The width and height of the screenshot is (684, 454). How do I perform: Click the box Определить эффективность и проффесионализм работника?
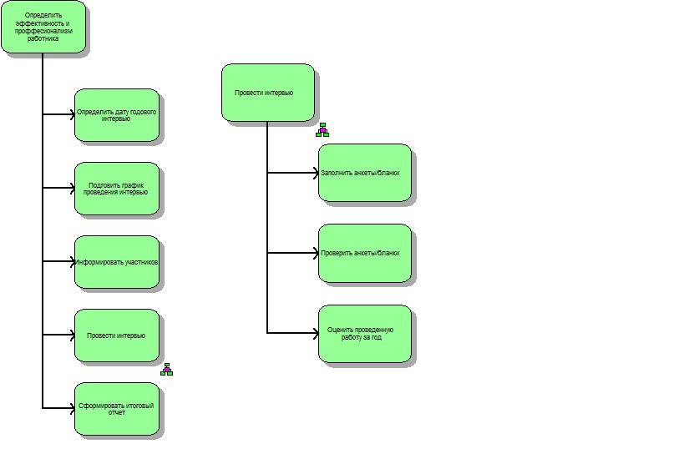43,27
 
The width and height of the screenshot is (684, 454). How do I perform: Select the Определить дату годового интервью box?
117,115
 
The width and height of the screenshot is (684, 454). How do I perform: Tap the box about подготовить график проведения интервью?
117,189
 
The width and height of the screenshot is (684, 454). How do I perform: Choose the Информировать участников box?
117,262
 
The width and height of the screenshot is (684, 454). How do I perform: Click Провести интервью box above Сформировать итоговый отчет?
117,335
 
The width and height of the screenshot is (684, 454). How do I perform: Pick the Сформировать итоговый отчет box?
117,409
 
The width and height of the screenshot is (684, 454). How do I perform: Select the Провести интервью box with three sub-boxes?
268,93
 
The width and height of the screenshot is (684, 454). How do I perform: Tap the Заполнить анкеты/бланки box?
365,173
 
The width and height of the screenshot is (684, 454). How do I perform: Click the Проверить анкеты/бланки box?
365,253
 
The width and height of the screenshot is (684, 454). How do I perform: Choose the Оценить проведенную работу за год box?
365,334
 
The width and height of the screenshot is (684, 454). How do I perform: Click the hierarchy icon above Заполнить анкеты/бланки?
322,130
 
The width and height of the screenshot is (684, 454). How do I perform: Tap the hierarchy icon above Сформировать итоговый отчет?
167,370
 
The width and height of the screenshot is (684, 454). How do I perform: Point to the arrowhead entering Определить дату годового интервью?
73,114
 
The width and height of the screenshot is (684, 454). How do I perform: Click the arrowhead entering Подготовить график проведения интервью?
73,188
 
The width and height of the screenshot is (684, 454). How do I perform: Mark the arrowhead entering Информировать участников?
73,261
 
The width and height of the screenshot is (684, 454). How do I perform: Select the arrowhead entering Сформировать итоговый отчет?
73,408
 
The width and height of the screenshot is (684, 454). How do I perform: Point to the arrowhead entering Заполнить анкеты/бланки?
317,173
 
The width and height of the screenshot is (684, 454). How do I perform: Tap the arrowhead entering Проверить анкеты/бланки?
317,253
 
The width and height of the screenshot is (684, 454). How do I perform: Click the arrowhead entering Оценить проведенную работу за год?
317,333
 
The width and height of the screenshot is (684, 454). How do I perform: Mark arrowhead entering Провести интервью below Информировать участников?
73,335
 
